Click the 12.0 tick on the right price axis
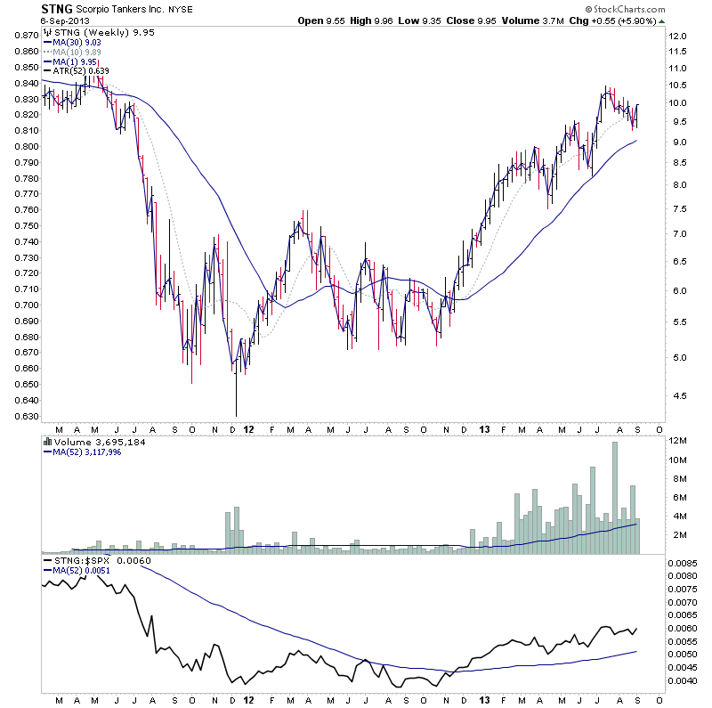coord(680,36)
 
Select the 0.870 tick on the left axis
coord(24,36)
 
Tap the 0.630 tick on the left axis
coord(24,416)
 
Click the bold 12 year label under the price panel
coord(250,428)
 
